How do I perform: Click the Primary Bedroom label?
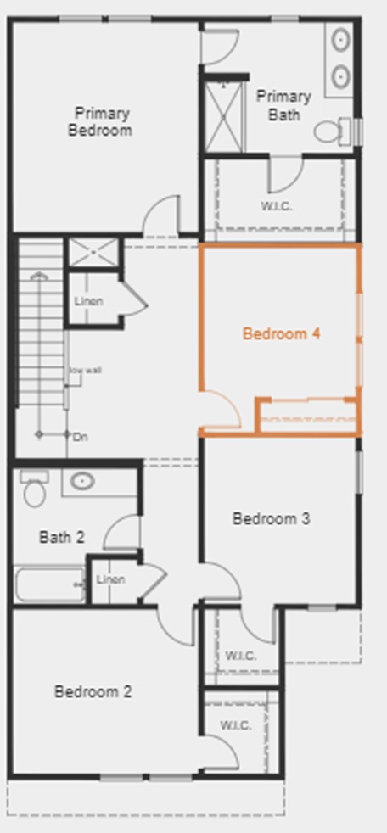(102, 122)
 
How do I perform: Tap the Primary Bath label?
(283, 105)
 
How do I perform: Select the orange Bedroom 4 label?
(281, 333)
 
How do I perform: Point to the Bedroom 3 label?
(271, 518)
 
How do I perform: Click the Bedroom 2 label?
(93, 692)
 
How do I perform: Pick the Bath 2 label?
(62, 537)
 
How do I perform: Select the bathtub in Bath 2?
(49, 584)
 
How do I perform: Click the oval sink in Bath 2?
(81, 482)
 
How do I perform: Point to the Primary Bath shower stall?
(223, 115)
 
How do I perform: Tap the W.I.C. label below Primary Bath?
(277, 206)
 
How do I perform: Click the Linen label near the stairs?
(88, 301)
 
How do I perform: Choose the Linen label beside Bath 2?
(110, 579)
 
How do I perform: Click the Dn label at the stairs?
(81, 437)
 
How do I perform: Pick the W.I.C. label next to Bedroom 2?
(235, 725)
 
